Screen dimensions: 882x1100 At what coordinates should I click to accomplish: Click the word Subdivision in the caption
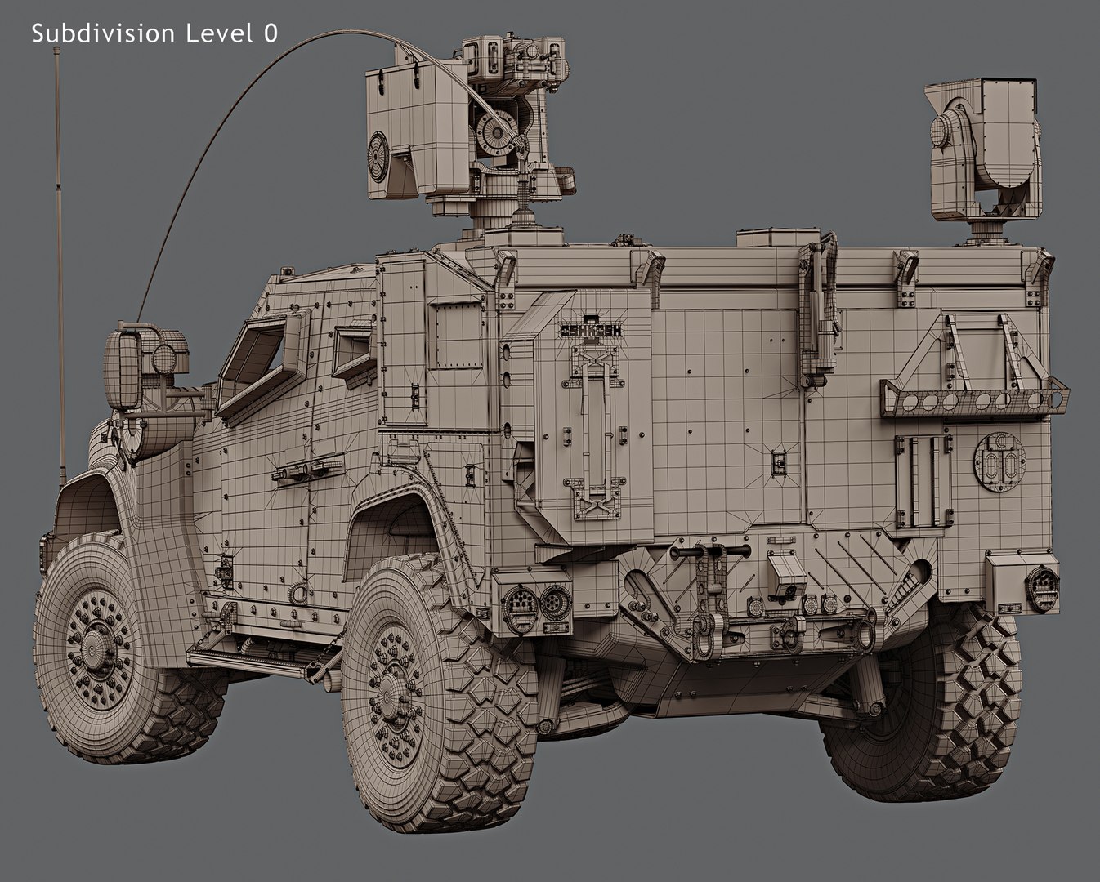103,33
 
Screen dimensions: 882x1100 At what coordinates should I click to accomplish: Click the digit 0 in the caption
271,33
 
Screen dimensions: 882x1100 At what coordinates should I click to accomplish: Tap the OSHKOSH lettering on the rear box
591,331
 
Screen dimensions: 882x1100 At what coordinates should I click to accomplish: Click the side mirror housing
122,369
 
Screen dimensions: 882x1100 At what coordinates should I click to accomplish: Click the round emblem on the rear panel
999,461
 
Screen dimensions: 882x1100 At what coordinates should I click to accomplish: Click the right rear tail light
1042,586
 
